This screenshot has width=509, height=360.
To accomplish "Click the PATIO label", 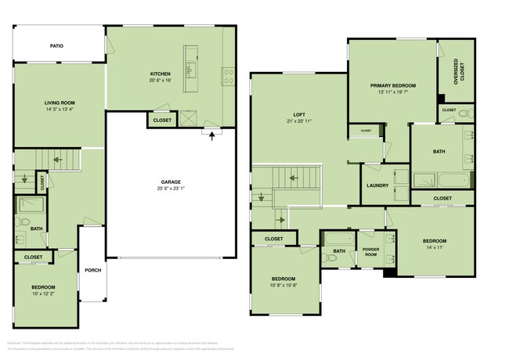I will point(56,46).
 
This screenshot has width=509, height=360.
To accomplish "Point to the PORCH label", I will point(93,270).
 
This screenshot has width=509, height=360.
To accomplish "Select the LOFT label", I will point(298,113).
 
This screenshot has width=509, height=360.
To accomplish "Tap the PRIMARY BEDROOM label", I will point(393,85).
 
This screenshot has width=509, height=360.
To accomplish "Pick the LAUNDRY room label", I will point(377,185).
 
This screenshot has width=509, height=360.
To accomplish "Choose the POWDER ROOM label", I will point(370,252).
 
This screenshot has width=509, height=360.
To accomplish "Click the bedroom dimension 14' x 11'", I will point(434,247).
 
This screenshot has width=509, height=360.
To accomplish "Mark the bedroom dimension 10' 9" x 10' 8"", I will point(283,285).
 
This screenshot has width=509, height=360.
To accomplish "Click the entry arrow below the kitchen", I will point(211,135).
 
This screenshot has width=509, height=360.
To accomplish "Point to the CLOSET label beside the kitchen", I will point(162,121).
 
